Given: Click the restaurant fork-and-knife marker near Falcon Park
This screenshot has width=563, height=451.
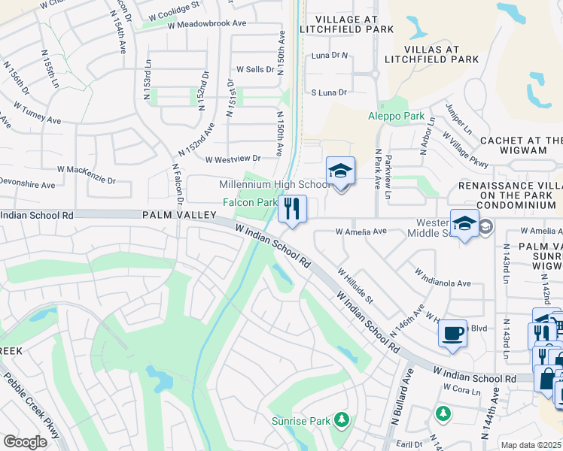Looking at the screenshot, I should click(292, 208).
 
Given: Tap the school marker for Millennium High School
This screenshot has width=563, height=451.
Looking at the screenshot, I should click(340, 172).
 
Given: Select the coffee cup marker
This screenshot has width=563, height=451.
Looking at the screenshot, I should click(452, 334).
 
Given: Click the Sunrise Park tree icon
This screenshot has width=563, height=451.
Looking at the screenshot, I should click(342, 419).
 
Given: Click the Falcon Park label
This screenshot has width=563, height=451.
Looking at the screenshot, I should click(250, 202).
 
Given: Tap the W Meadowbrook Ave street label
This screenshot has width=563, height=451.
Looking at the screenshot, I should click(207, 24).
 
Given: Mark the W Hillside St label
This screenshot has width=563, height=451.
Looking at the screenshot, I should click(356, 286).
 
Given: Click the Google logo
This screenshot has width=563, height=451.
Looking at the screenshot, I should click(24, 442).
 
